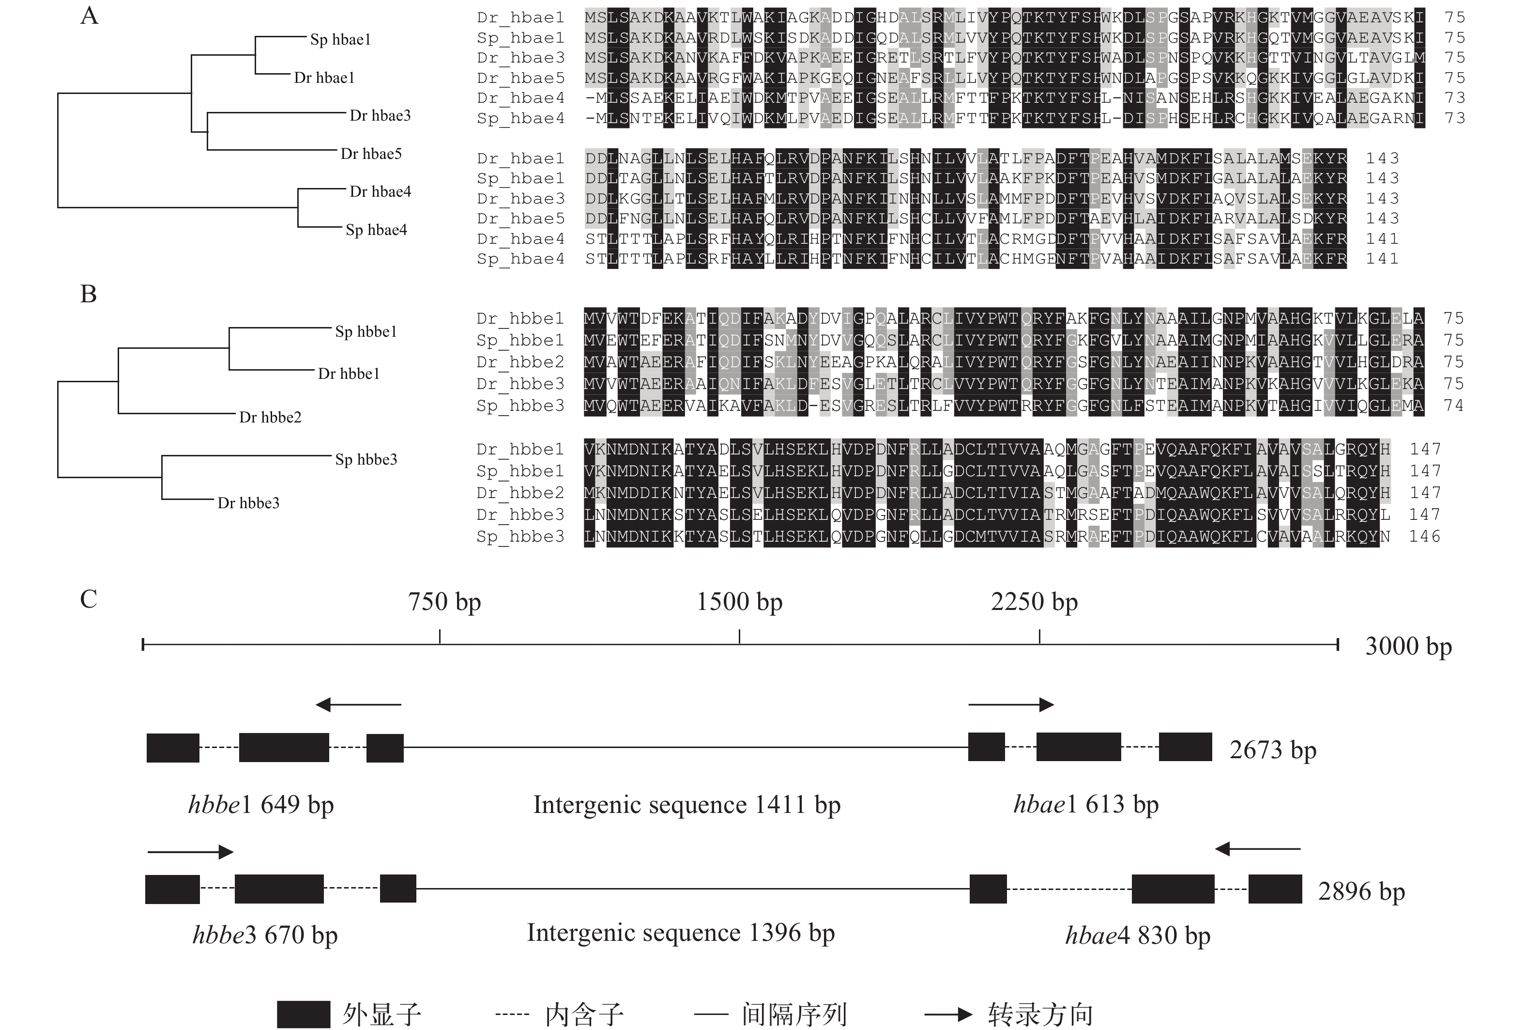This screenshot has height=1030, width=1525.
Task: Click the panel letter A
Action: (89, 16)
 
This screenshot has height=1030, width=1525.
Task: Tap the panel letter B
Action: (89, 294)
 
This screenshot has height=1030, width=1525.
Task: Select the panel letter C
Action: (89, 599)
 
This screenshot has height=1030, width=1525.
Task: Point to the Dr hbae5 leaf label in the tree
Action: (371, 154)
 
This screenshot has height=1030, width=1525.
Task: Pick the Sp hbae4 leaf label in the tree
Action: (376, 230)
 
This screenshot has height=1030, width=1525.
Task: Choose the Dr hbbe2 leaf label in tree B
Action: (270, 418)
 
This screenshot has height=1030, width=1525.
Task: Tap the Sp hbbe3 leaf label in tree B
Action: (366, 460)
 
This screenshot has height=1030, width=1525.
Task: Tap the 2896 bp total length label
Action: (1361, 891)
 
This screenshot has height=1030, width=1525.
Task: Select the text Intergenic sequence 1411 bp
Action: (686, 805)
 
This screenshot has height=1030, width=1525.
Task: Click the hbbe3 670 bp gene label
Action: (265, 935)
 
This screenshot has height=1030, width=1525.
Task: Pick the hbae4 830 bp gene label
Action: (1138, 935)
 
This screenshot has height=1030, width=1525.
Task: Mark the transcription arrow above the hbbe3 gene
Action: (190, 852)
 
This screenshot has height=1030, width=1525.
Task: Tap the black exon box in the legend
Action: (303, 1014)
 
